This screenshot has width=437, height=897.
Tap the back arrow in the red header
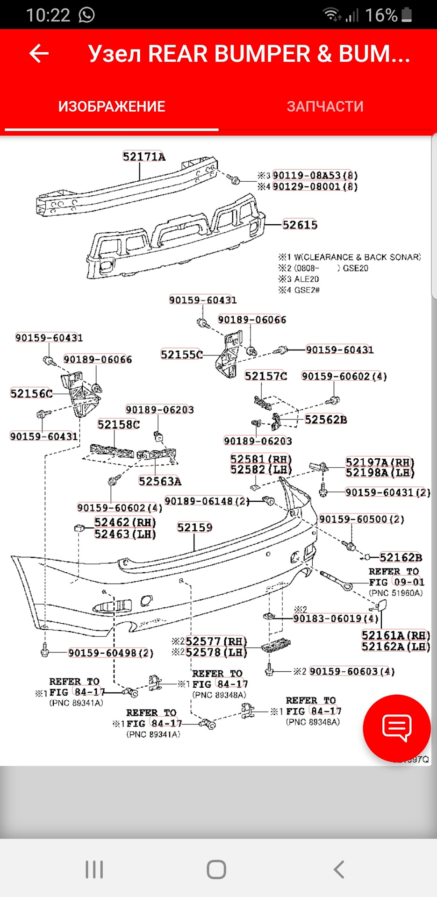pyautogui.click(x=39, y=54)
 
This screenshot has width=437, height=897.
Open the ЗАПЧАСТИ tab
pyautogui.click(x=325, y=107)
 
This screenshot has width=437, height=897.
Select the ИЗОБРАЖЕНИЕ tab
pyautogui.click(x=112, y=107)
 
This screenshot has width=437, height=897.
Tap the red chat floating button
pyautogui.click(x=396, y=728)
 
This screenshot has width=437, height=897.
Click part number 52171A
pyautogui.click(x=144, y=157)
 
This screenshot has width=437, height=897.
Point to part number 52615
pyautogui.click(x=300, y=225)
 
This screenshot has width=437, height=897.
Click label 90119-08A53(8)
pyautogui.click(x=315, y=176)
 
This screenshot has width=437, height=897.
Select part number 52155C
pyautogui.click(x=182, y=355)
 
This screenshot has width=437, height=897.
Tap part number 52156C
pyautogui.click(x=31, y=393)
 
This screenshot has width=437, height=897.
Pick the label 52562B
pyautogui.click(x=326, y=420)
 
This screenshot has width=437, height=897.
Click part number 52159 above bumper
pyautogui.click(x=194, y=527)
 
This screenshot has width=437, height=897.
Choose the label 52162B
pyautogui.click(x=401, y=557)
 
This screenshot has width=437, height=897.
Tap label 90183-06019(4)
pyautogui.click(x=336, y=619)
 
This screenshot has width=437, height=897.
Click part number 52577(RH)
pyautogui.click(x=216, y=641)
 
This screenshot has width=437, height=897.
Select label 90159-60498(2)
pyautogui.click(x=111, y=653)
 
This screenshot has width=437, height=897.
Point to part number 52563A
pyautogui.click(x=160, y=481)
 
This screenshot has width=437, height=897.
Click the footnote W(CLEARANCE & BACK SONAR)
pyautogui.click(x=357, y=257)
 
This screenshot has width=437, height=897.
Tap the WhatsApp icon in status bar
pyautogui.click(x=87, y=15)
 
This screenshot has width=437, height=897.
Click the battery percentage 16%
pyautogui.click(x=381, y=15)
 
